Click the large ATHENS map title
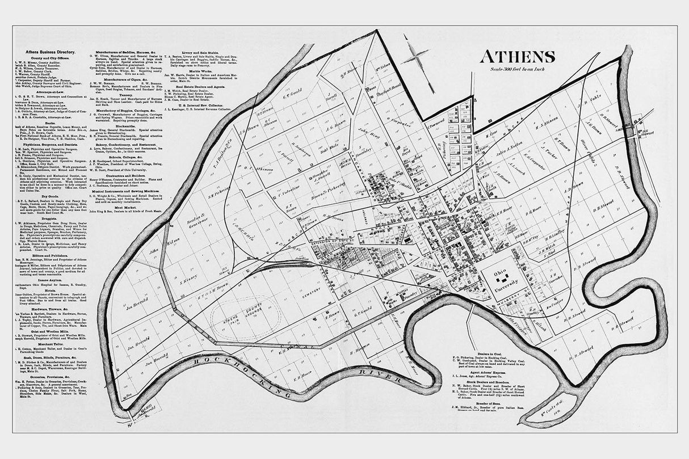point(517,57)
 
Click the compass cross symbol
point(416,57)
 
